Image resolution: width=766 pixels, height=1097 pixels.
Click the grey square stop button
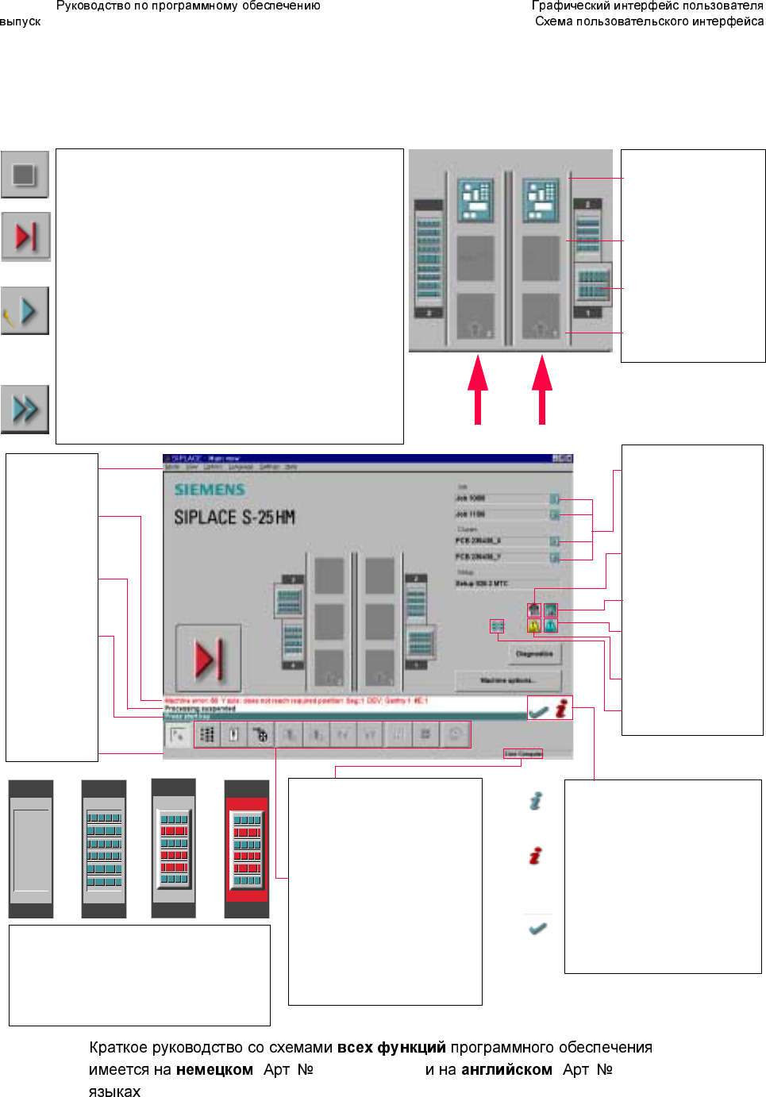pos(25,175)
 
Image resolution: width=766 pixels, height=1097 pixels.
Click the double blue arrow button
pos(25,409)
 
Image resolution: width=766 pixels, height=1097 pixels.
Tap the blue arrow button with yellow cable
pos(25,310)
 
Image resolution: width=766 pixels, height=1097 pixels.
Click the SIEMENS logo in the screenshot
pos(210,490)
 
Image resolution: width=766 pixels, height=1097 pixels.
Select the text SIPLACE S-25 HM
pos(235,518)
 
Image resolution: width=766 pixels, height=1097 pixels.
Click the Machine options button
pos(508,680)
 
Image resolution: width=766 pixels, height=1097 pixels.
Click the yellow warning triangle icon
pos(534,625)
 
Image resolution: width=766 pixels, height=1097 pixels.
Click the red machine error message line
pos(295,701)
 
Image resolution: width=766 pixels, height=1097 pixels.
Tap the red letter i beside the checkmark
pos(561,708)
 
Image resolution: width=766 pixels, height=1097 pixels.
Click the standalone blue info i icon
pos(536,801)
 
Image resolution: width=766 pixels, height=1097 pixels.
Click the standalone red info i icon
pos(536,856)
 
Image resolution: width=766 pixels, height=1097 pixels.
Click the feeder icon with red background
pos(247,849)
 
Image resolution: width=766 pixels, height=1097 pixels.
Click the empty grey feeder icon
pos(31,849)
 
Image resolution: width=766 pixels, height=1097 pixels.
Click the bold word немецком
pos(214,1070)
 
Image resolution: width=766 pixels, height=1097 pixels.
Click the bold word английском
pos(506,1070)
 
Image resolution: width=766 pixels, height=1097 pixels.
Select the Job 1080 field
pos(502,498)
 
